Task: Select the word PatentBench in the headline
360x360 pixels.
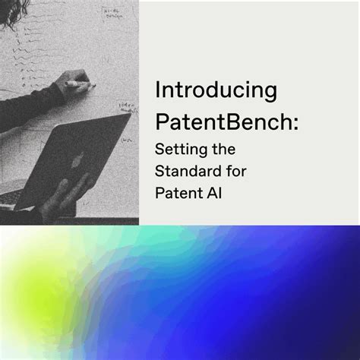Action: point(212,122)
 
